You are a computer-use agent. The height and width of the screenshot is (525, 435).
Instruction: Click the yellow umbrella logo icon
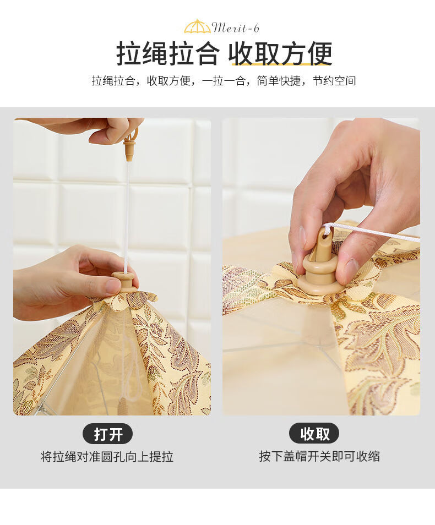tap(197, 27)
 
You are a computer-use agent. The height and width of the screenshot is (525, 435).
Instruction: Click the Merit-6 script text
tap(236, 28)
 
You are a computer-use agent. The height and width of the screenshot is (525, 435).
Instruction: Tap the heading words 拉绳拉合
tap(167, 53)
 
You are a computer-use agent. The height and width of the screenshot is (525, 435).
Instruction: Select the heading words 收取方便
tap(280, 53)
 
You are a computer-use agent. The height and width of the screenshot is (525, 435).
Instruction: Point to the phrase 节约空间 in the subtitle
tap(334, 81)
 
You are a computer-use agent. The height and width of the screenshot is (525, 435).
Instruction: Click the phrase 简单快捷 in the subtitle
tap(279, 81)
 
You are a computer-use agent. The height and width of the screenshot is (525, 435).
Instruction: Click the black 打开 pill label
tap(107, 434)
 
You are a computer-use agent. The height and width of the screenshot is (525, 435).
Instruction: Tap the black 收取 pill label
tap(314, 434)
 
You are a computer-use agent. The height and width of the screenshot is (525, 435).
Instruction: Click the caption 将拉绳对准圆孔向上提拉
tap(107, 457)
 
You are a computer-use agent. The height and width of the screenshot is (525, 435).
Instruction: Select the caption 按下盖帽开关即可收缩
tap(319, 456)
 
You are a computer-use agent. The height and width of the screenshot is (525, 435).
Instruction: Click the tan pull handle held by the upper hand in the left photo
tap(130, 145)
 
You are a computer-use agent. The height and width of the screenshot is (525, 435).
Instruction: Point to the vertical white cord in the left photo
tap(127, 217)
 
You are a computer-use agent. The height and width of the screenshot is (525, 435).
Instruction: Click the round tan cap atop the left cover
tap(125, 282)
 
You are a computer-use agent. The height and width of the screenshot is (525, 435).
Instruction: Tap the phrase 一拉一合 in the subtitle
tap(224, 81)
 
